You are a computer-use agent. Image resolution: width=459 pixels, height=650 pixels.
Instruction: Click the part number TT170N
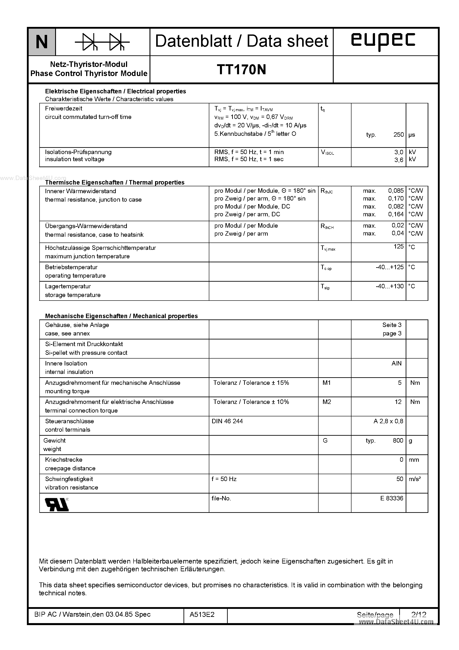(x=241, y=70)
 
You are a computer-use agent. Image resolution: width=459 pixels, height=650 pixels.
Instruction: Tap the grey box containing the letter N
(x=42, y=42)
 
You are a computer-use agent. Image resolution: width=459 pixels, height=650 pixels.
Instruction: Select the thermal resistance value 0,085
(x=396, y=191)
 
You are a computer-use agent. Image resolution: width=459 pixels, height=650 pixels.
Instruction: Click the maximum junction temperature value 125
(x=398, y=247)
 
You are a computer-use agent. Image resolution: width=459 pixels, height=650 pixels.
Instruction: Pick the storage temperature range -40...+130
(x=390, y=286)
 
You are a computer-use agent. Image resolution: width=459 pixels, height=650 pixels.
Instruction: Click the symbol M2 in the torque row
(x=327, y=402)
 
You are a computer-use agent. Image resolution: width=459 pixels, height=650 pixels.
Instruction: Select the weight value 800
(x=398, y=441)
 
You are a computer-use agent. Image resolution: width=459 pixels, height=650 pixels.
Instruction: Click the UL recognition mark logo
(x=57, y=504)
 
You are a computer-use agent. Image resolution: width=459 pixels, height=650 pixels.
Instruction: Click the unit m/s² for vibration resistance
(x=415, y=479)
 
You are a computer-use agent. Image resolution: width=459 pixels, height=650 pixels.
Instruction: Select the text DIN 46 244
(x=227, y=421)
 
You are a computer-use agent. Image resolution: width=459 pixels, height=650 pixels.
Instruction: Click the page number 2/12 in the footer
(x=419, y=615)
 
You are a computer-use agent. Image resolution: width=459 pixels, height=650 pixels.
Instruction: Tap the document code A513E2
(x=202, y=615)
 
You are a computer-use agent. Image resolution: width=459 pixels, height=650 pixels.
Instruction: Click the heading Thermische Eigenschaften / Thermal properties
(x=115, y=182)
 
